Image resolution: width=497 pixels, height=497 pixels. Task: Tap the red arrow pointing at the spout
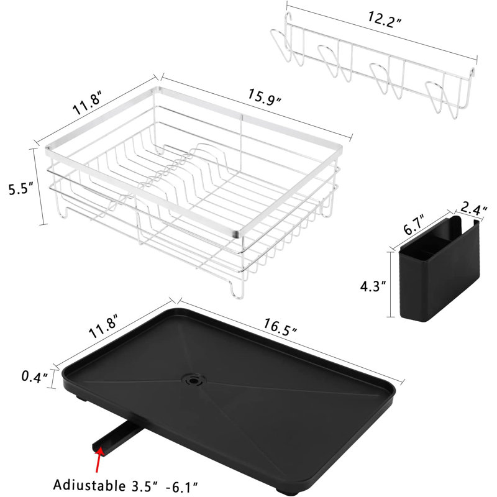pyautogui.click(x=97, y=459)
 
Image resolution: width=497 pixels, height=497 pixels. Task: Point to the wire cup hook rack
pyautogui.click(x=373, y=68)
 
